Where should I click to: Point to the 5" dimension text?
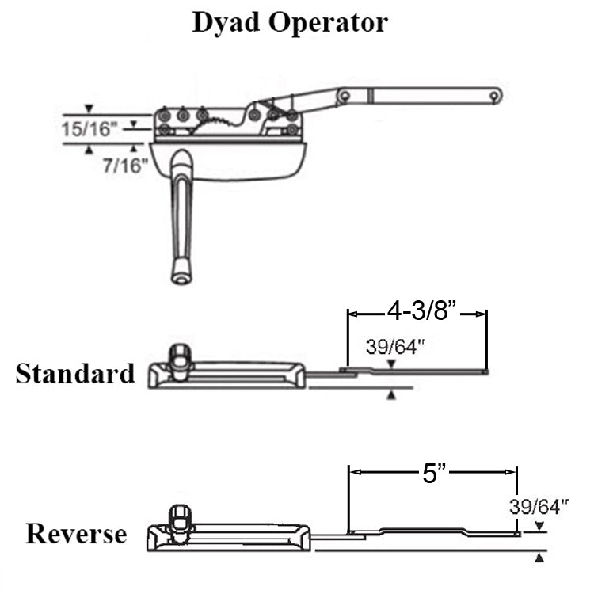[x=432, y=474]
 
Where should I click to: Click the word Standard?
[x=75, y=373]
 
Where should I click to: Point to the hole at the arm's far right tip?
[x=493, y=96]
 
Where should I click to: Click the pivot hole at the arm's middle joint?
[x=345, y=97]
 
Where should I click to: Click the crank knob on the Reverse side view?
[x=181, y=518]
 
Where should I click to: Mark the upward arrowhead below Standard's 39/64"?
[x=390, y=394]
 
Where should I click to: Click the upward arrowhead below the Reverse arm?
[x=539, y=558]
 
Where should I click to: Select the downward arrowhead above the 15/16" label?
[x=89, y=108]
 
